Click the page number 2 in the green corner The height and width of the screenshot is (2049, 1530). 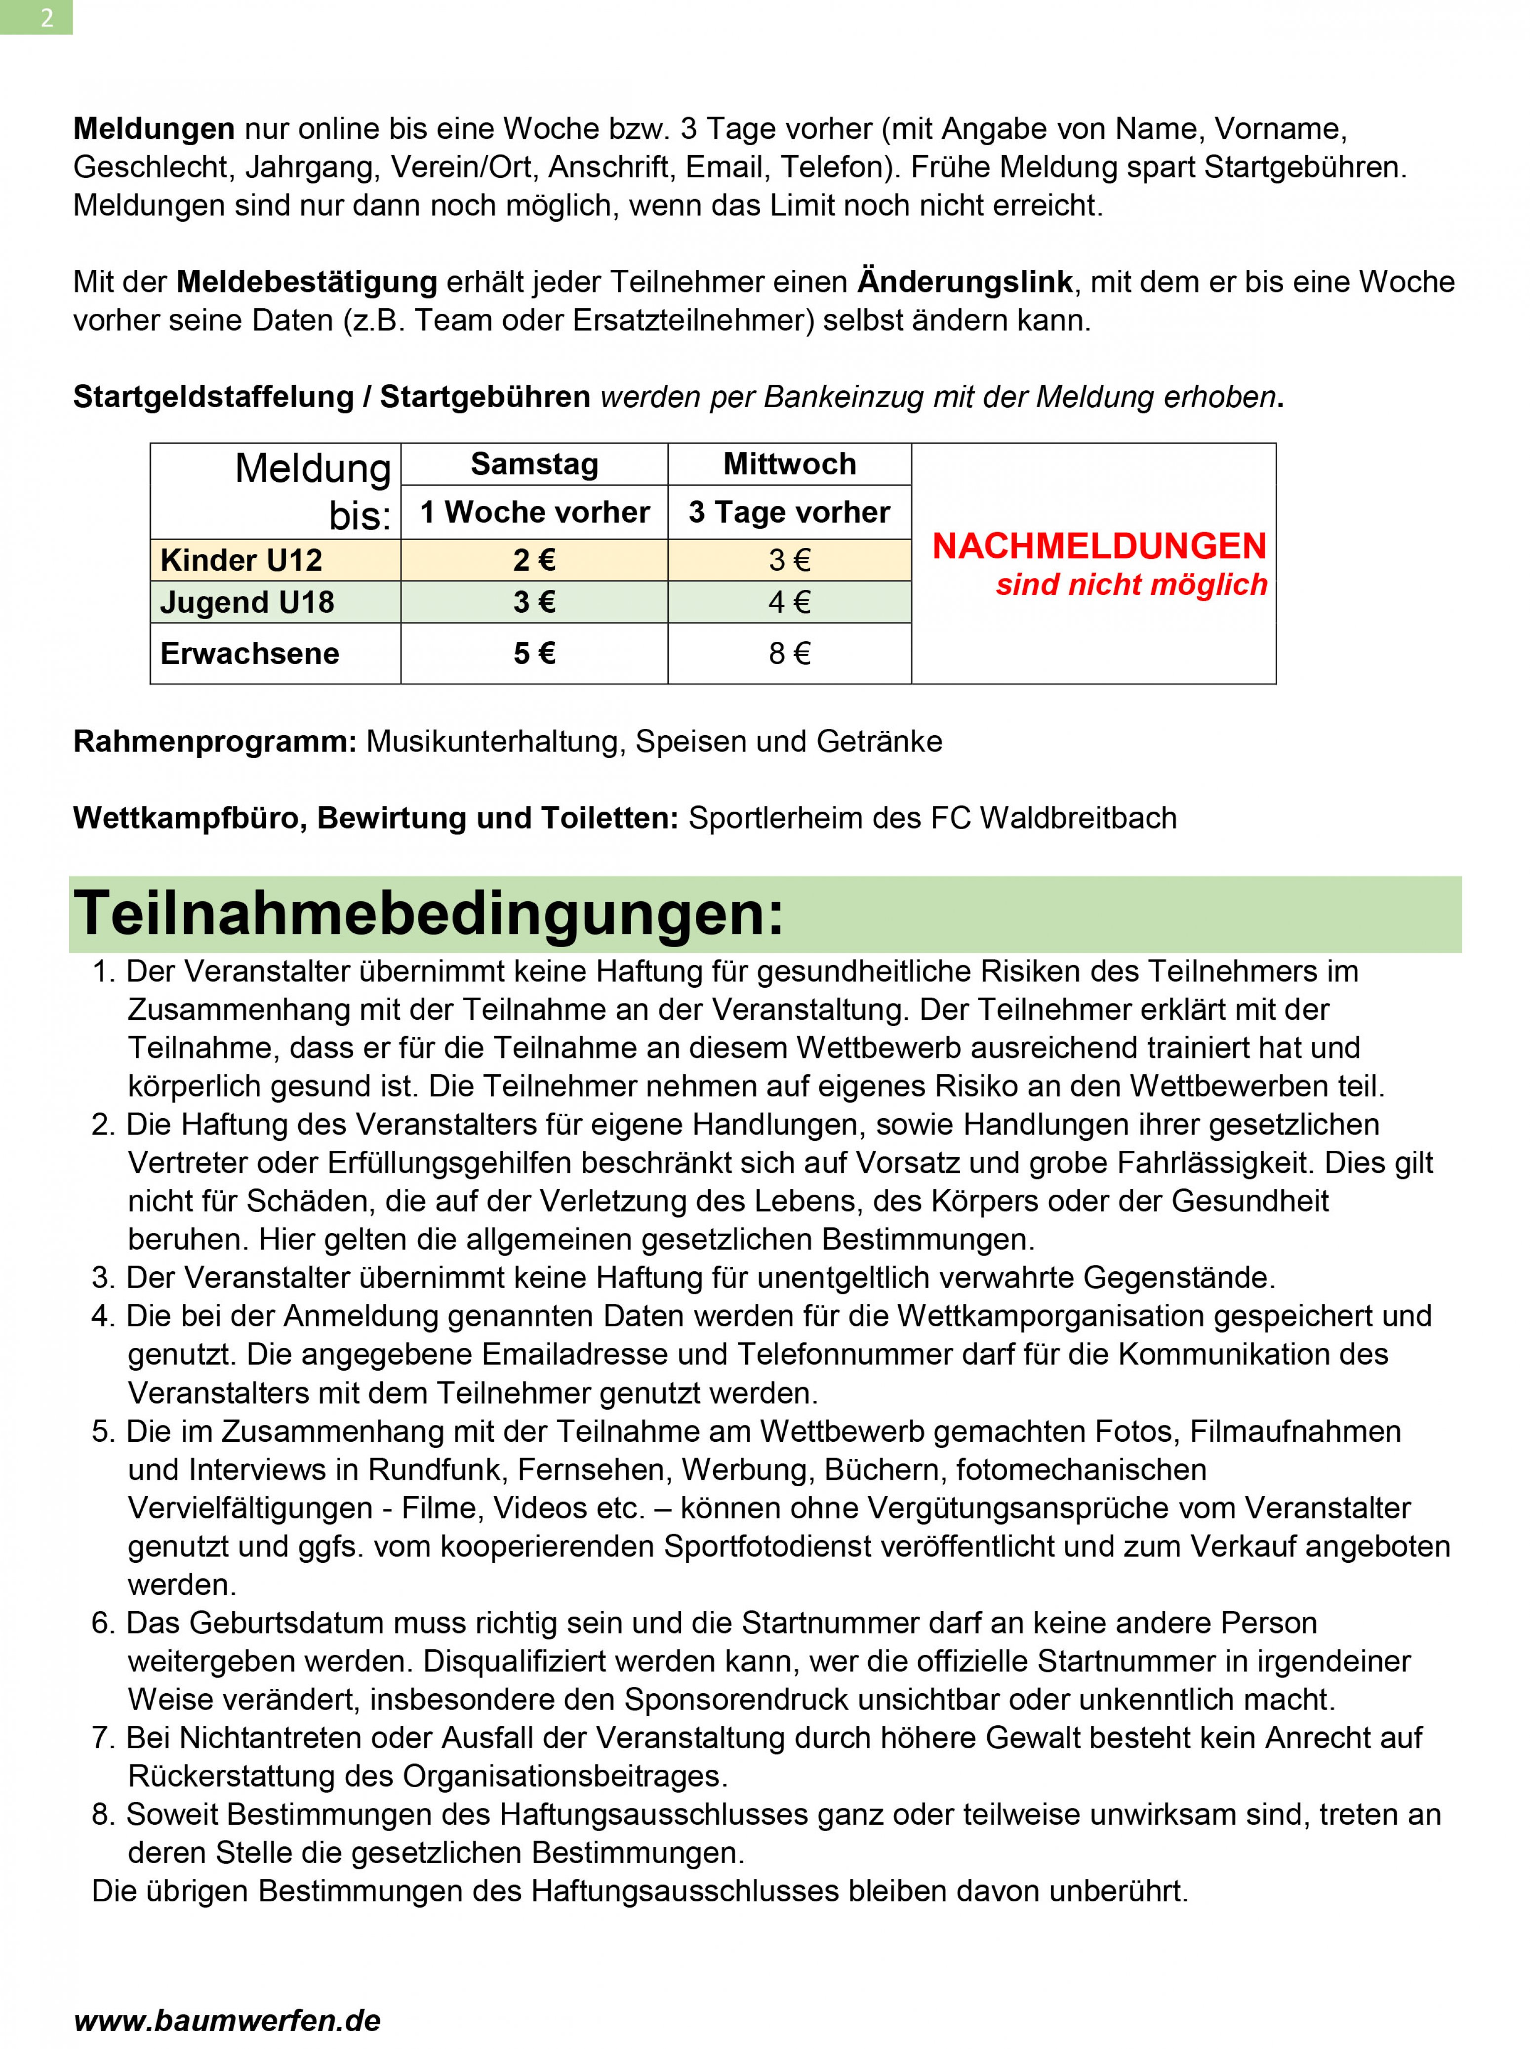click(x=46, y=18)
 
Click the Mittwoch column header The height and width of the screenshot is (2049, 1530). click(x=789, y=464)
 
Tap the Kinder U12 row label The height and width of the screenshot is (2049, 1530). click(x=241, y=560)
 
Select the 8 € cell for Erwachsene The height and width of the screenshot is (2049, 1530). click(x=789, y=653)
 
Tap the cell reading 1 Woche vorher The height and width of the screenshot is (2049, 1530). click(x=534, y=512)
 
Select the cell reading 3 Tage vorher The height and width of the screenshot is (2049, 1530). click(x=789, y=512)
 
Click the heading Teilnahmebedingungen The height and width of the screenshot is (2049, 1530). click(x=428, y=914)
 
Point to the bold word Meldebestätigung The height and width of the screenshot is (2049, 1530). click(x=307, y=282)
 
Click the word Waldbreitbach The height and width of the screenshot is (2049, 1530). click(x=1078, y=818)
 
